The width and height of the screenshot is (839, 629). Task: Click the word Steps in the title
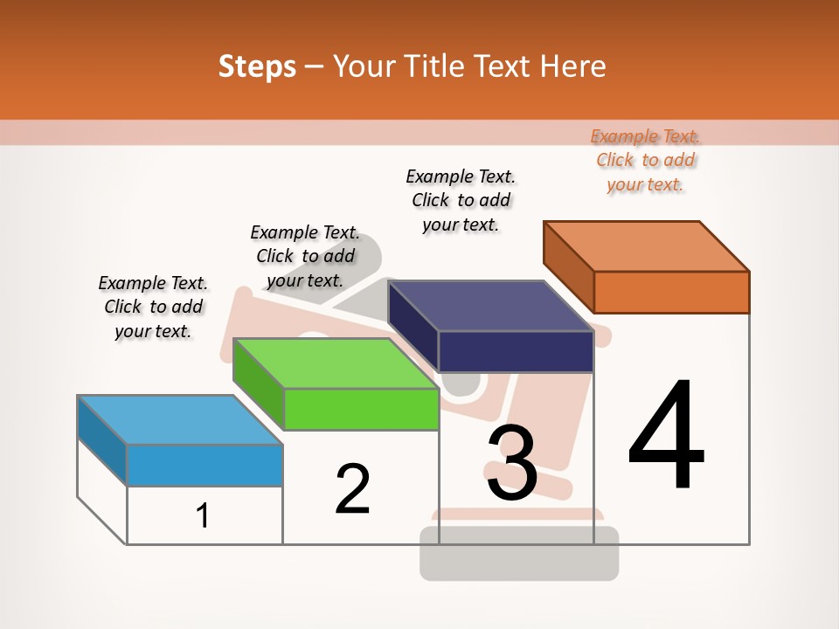pos(257,66)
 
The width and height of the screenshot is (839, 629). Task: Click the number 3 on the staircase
pos(511,463)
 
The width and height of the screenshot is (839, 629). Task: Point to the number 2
pos(352,489)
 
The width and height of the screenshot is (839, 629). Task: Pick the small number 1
pos(203,515)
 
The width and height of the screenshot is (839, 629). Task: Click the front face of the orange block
pos(671,292)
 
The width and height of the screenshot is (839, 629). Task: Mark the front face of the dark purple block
pos(516,351)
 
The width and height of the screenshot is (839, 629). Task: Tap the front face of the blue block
pos(205,465)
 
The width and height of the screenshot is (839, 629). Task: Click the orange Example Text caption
pos(645,161)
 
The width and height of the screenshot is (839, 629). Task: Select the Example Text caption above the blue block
pos(153,307)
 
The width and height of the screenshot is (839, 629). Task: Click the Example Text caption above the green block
pos(305,256)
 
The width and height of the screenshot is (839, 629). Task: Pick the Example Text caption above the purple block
pos(461,200)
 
